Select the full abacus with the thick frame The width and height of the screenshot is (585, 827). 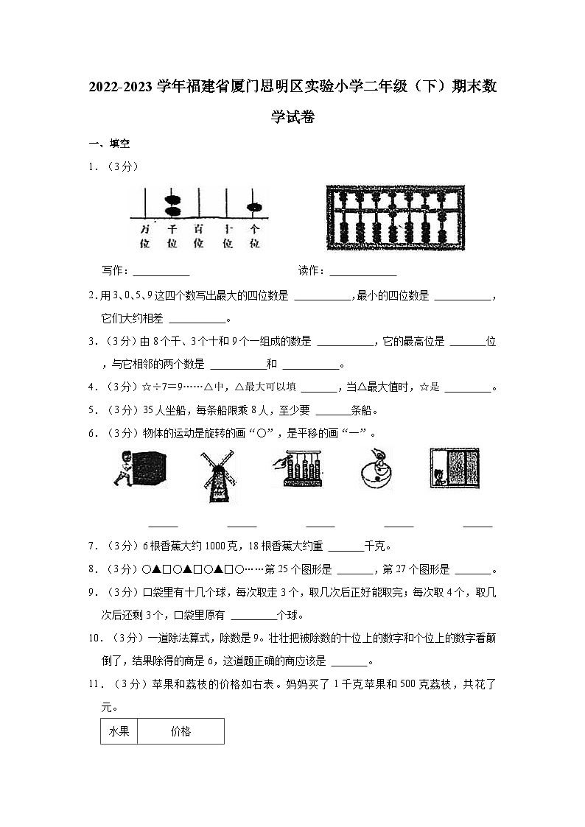click(395, 217)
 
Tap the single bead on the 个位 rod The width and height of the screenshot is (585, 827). click(255, 207)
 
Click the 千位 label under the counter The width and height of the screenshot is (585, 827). click(172, 236)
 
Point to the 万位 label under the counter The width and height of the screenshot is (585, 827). click(144, 236)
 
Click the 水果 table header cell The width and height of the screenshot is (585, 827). click(119, 731)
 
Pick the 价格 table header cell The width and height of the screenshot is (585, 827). click(181, 731)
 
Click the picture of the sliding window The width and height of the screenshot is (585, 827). click(454, 469)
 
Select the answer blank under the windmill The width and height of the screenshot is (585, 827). click(242, 526)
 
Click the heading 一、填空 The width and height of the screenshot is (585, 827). click(109, 144)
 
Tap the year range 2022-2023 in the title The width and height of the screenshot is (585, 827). click(120, 88)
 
